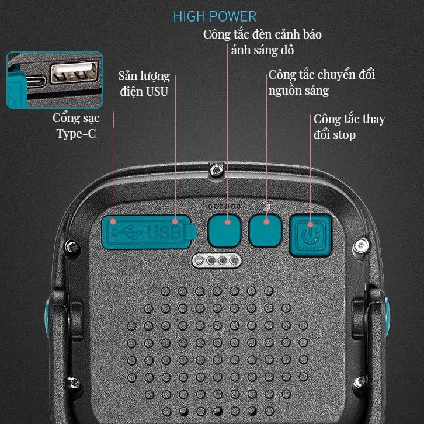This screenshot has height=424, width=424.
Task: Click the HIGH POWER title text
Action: point(215,16)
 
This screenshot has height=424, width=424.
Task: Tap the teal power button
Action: point(311,235)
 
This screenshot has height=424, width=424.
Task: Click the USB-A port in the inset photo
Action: point(74,72)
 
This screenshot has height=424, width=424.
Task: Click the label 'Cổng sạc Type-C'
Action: point(76,126)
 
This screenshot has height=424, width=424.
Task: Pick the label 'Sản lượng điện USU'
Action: point(144,84)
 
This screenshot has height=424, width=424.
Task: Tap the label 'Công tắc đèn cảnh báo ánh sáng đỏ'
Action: point(262,42)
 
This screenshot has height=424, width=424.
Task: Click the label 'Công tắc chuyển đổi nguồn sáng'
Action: point(322,82)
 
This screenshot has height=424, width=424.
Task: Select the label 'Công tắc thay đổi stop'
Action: point(349,127)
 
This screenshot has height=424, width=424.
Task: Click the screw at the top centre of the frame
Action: point(217,170)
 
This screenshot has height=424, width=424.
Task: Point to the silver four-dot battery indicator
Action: point(217,260)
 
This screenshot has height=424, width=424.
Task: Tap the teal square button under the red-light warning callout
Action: point(224,231)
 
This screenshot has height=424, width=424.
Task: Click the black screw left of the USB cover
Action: point(72,246)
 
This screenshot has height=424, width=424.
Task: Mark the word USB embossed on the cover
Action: point(164,232)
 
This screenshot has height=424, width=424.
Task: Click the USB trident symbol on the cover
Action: point(127,232)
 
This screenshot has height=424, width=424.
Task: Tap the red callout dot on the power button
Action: point(311,224)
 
